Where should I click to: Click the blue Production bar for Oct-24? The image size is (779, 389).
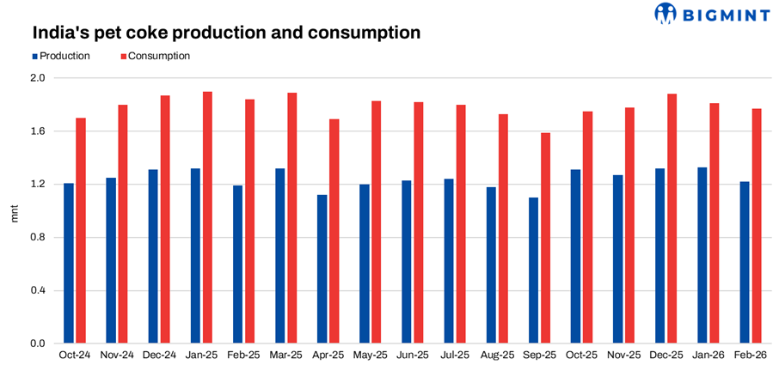tap(68, 263)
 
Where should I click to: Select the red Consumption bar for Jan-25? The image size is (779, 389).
tap(208, 217)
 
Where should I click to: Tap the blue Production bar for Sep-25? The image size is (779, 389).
tap(533, 270)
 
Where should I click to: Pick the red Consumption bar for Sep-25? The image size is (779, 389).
tap(546, 238)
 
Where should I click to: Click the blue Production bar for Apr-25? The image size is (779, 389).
tap(322, 269)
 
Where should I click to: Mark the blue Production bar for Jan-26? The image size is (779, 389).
tap(702, 255)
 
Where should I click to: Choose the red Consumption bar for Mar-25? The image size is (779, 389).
tap(292, 218)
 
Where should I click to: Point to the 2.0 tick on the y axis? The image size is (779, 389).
tap(38, 78)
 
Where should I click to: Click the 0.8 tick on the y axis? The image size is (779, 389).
tap(38, 238)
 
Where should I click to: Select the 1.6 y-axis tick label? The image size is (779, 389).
tap(38, 131)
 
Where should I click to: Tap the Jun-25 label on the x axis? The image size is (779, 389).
tap(413, 355)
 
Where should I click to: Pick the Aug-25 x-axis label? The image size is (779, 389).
tap(497, 355)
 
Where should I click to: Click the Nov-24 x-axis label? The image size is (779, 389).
tap(117, 355)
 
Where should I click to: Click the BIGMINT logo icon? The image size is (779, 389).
tap(666, 13)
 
